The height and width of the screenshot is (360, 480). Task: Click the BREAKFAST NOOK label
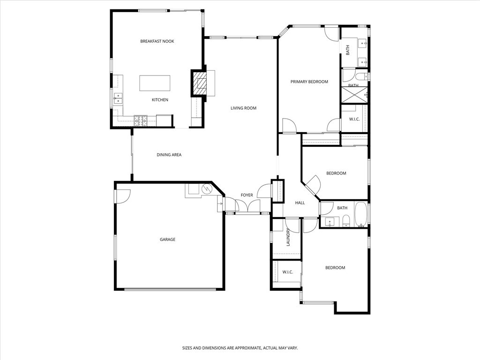pos(157,41)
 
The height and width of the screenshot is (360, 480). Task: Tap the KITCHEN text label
pos(160,100)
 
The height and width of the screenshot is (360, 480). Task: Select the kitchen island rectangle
pos(155,83)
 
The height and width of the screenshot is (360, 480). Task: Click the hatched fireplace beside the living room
pos(201,83)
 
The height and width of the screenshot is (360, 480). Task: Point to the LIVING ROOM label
pos(243,108)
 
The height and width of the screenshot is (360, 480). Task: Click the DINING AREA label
pos(169,155)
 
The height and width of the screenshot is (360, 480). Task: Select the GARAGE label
pos(167,240)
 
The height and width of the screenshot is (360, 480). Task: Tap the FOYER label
pos(247,195)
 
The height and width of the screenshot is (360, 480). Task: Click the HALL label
pos(300,203)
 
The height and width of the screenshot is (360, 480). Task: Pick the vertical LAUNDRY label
pos(288,237)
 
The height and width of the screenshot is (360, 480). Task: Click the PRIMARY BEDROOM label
pos(309,82)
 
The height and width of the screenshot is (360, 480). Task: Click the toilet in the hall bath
pos(346,221)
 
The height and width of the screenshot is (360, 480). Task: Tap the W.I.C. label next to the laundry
pos(287,272)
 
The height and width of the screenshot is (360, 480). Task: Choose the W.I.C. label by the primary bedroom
pos(354,119)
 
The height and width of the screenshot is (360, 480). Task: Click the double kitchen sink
pos(119,98)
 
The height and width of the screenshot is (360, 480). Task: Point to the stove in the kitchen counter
pos(141,120)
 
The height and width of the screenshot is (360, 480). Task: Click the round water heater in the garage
pos(207,189)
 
